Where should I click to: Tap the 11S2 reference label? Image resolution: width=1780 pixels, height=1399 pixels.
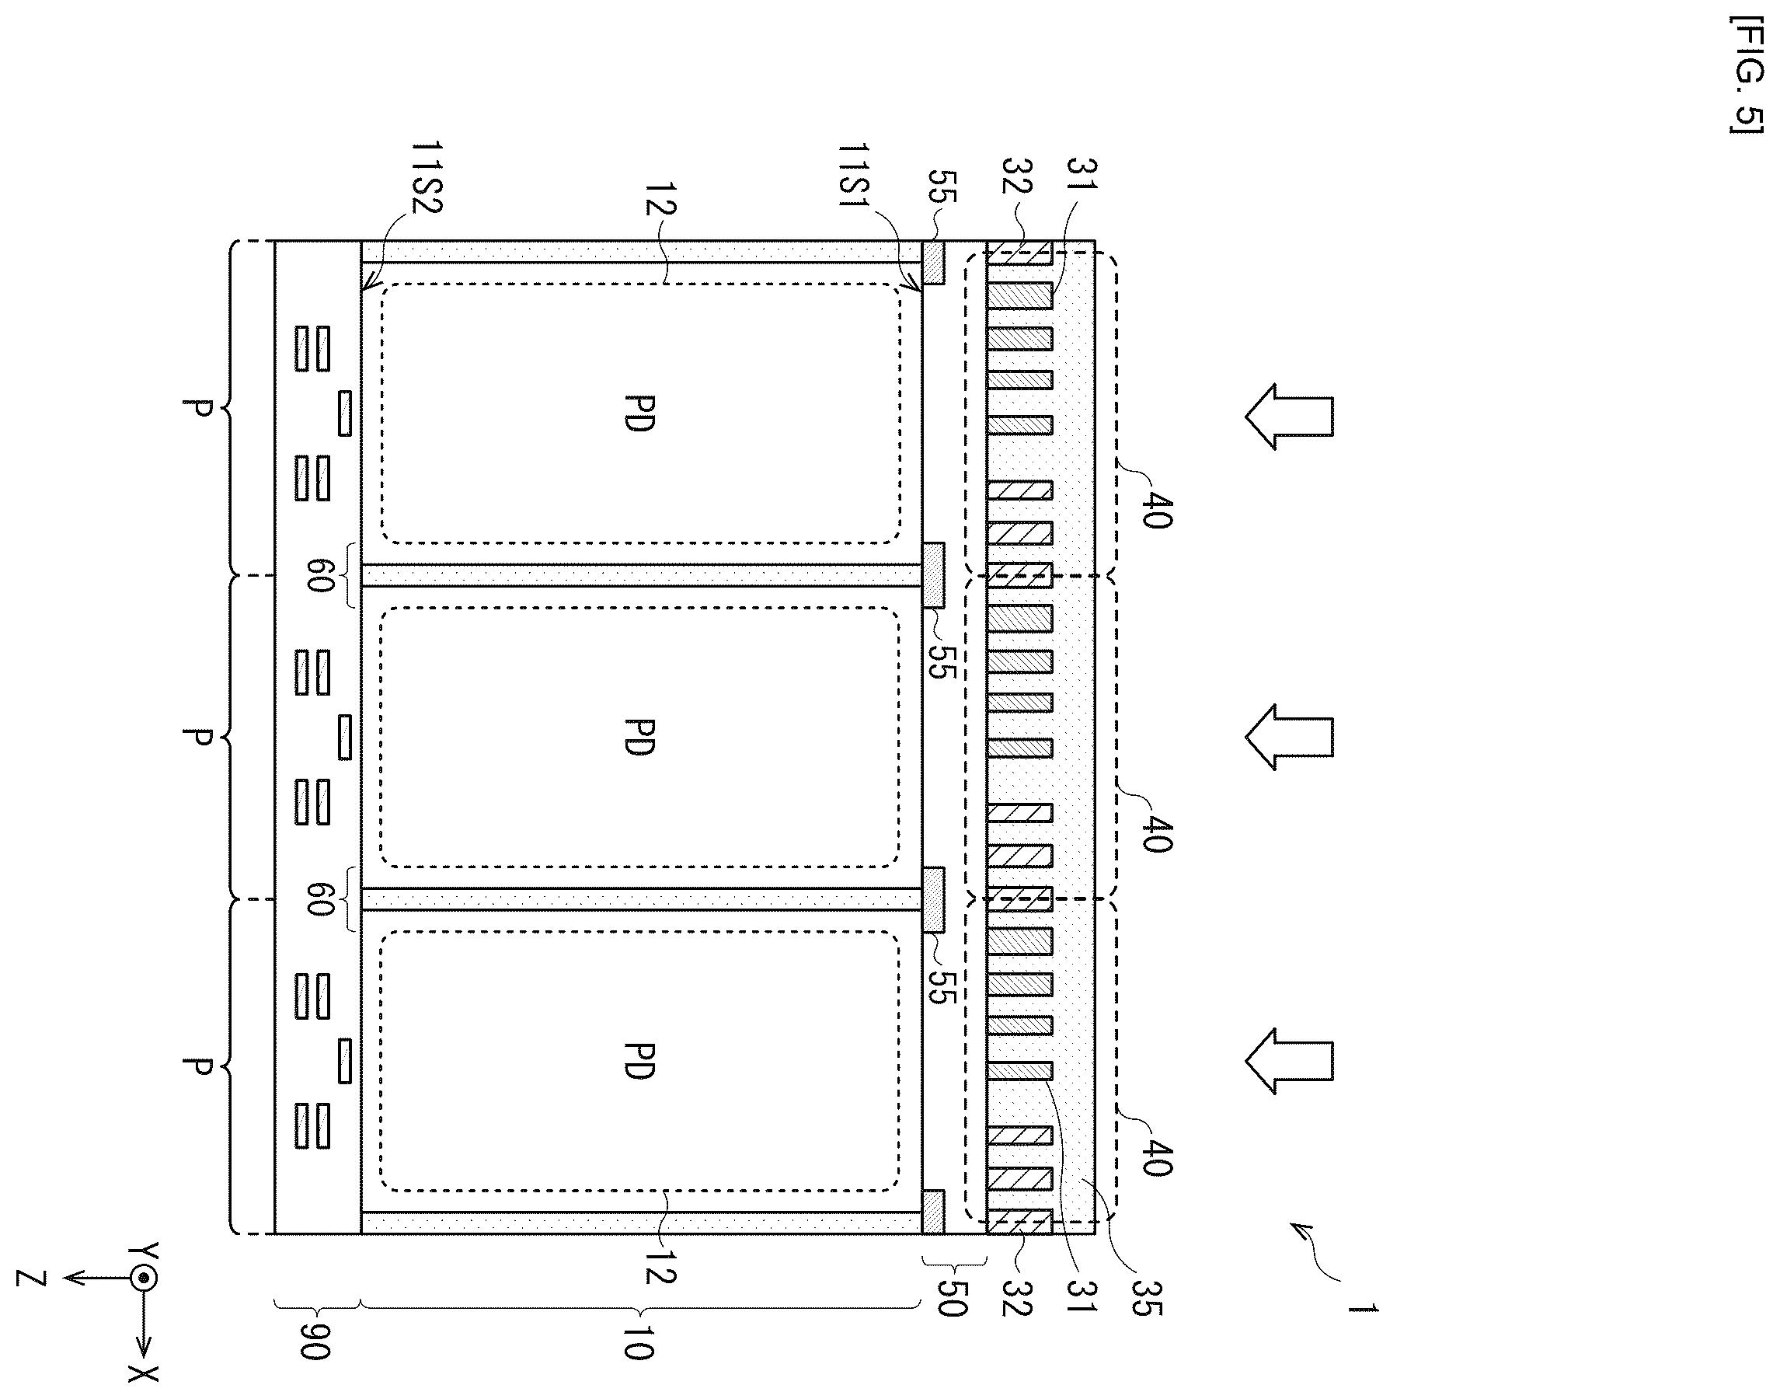(x=426, y=178)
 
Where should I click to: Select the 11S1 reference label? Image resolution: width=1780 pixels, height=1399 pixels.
(x=855, y=180)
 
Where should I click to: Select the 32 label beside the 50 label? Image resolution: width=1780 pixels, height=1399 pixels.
(x=1015, y=1296)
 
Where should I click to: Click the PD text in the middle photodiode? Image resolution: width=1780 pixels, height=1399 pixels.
(x=638, y=737)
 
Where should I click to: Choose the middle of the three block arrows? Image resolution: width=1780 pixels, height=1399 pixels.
(x=1290, y=737)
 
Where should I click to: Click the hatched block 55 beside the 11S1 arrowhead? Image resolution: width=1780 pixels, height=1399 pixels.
(x=933, y=262)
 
